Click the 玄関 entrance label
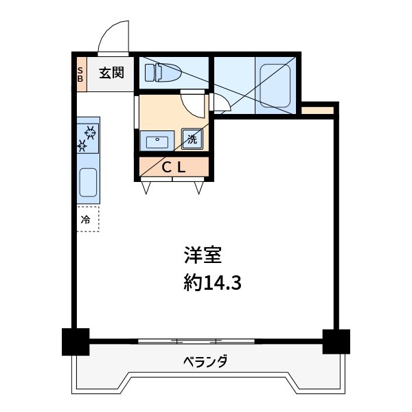tap(110, 73)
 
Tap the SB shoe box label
tap(80, 73)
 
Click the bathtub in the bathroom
tap(276, 84)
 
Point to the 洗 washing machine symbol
tap(192, 139)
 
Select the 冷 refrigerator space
tap(87, 220)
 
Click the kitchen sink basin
tap(89, 183)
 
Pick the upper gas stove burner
tap(90, 130)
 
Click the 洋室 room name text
tap(201, 255)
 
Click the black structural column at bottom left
tap(76, 341)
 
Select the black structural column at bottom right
tap(336, 341)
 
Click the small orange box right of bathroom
tap(318, 110)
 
